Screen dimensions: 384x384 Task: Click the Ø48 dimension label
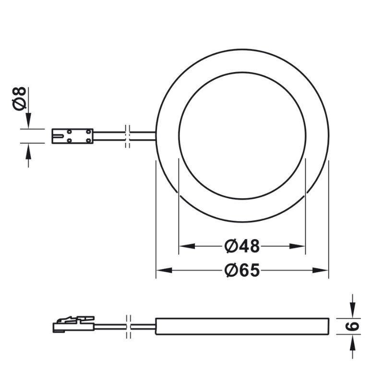(242, 246)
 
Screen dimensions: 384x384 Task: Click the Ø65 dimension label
(242, 271)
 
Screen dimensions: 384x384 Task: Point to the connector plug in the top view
(72, 135)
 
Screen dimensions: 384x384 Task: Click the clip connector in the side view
(73, 324)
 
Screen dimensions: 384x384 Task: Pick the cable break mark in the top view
(127, 136)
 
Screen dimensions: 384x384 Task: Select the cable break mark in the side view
(127, 326)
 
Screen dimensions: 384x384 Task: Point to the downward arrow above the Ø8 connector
(28, 120)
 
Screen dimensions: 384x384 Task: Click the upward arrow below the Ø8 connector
(28, 151)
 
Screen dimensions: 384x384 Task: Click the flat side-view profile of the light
(242, 326)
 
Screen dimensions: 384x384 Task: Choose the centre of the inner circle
(242, 135)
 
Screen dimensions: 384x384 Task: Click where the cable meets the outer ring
(156, 136)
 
